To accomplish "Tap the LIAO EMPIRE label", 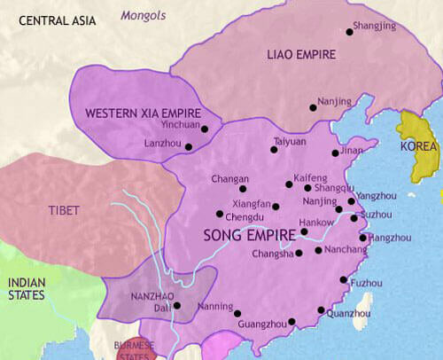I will click(x=300, y=55).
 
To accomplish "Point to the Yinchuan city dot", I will click(x=205, y=129).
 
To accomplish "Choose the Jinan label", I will click(x=351, y=151).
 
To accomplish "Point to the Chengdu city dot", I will click(x=220, y=214).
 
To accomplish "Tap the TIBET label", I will click(x=64, y=210).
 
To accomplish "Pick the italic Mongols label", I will click(x=143, y=15).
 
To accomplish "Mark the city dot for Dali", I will click(x=177, y=306).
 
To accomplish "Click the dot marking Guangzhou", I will click(x=291, y=322).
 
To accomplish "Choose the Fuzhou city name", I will click(x=367, y=283).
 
